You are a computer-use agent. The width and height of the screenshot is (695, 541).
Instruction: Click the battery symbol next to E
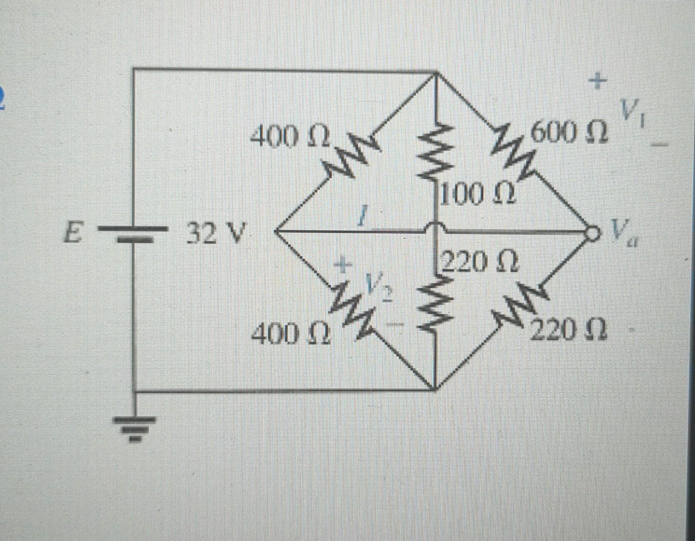pyautogui.click(x=133, y=233)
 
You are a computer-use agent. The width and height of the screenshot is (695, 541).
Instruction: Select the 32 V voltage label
pyautogui.click(x=217, y=232)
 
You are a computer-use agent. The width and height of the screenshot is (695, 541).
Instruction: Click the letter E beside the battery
pyautogui.click(x=74, y=233)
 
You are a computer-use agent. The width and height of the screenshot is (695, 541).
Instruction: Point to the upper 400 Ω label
pyautogui.click(x=290, y=136)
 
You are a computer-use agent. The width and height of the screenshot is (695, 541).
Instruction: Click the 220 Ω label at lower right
pyautogui.click(x=569, y=331)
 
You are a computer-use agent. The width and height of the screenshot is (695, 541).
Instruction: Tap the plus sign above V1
pyautogui.click(x=597, y=80)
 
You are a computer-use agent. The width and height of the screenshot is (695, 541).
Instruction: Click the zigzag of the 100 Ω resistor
pyautogui.click(x=435, y=153)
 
